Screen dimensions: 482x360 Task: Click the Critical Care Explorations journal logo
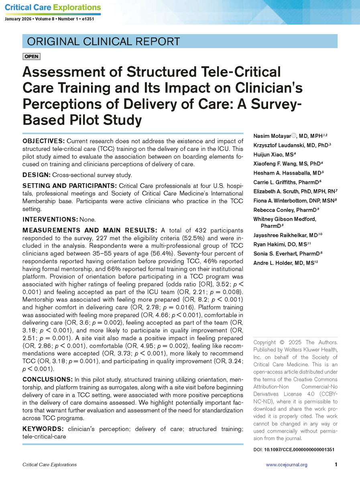(53, 8)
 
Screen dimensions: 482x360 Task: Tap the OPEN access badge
(31, 57)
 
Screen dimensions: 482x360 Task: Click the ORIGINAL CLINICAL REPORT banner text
(103, 41)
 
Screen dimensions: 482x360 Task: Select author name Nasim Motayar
(272, 137)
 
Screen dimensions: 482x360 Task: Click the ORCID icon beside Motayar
(293, 136)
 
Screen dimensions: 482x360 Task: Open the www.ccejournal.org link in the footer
(287, 465)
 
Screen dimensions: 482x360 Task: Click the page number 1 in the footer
(336, 465)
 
